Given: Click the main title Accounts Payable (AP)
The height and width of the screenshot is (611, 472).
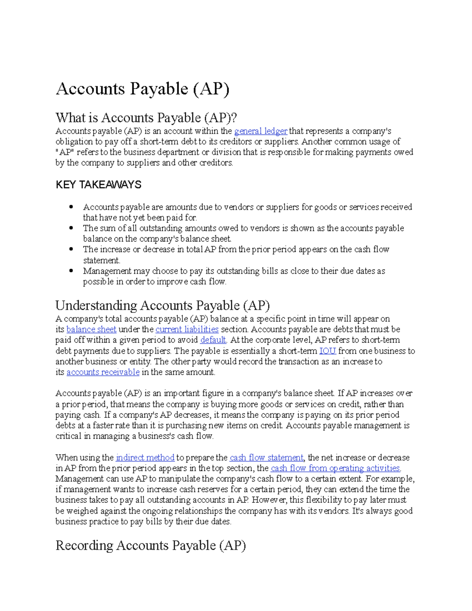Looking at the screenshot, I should click(x=142, y=89).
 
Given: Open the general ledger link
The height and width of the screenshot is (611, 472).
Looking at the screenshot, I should click(x=261, y=131).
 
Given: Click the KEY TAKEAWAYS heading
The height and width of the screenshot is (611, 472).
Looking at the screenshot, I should click(x=98, y=185).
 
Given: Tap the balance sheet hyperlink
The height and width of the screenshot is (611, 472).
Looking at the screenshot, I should click(x=91, y=329).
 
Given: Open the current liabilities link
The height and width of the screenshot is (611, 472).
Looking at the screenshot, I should click(x=187, y=329).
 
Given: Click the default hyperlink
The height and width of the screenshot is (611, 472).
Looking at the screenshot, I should click(x=213, y=340).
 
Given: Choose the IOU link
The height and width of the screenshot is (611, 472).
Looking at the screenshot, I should click(x=327, y=351).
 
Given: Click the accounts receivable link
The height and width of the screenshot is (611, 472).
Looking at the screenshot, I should click(x=103, y=372).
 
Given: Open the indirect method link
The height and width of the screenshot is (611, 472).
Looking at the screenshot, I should click(x=145, y=458).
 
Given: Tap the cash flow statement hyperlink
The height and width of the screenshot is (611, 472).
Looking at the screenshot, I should click(x=266, y=458).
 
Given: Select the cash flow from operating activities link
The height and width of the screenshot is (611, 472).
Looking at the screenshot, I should click(x=335, y=468).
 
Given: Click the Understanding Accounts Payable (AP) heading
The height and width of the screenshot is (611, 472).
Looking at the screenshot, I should click(x=162, y=305).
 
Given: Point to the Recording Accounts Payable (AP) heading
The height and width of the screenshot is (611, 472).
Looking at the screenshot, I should click(x=151, y=545).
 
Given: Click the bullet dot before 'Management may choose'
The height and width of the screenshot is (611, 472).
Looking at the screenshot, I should click(x=71, y=270).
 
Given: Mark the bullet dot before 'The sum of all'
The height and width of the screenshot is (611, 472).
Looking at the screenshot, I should click(x=71, y=227).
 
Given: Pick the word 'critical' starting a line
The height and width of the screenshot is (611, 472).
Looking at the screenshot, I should click(x=68, y=436).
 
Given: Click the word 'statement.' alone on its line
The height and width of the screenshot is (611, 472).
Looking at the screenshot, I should click(x=101, y=260).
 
